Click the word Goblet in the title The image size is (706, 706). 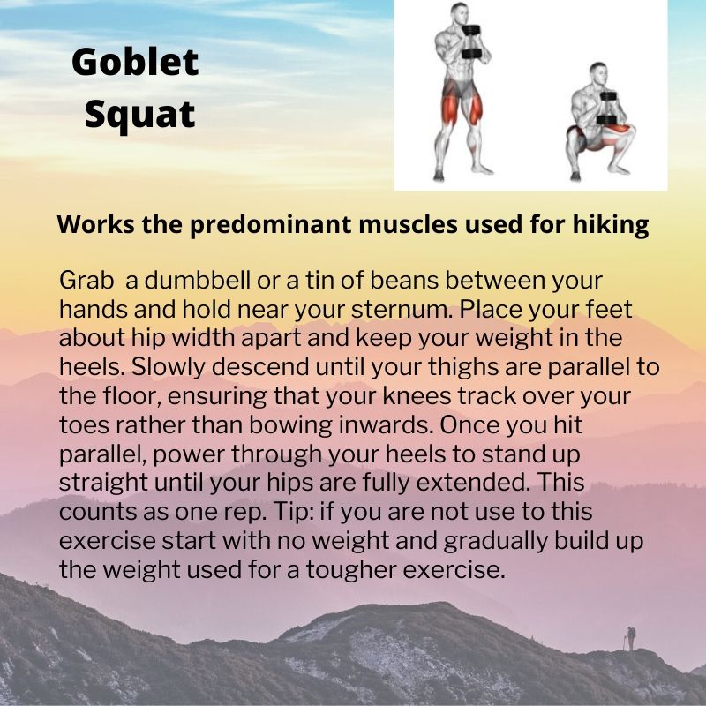click(135, 62)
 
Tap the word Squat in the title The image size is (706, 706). click(140, 115)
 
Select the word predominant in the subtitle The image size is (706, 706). click(270, 225)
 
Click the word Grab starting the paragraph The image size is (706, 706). click(86, 280)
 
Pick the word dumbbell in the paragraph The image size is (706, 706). click(197, 280)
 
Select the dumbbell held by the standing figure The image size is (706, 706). click(472, 42)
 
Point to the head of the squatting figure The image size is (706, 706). click(599, 74)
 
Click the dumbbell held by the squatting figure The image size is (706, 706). click(608, 109)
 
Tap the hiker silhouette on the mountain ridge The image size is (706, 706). click(630, 638)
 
